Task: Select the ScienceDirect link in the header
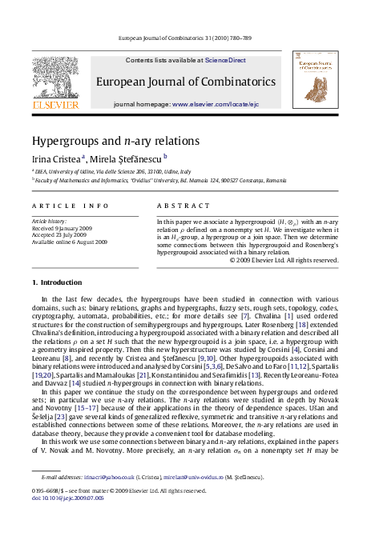[225, 60]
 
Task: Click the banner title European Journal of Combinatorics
[187, 82]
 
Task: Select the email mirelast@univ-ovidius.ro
[184, 498]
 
